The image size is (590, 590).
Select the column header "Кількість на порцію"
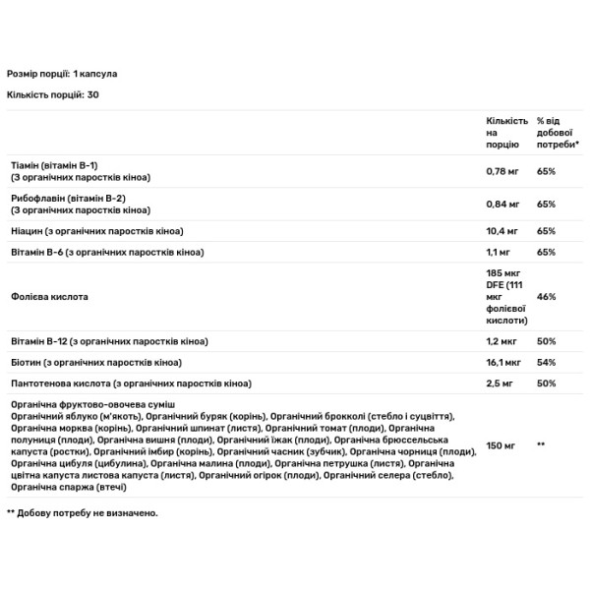point(506,131)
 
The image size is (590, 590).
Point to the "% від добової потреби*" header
point(558,131)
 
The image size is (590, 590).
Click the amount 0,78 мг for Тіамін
point(503,171)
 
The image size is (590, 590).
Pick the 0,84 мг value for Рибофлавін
point(503,205)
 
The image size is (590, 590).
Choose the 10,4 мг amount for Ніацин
point(503,231)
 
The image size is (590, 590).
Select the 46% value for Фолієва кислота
point(547,296)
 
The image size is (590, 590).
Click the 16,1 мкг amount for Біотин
point(504,361)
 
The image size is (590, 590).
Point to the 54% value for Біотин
point(547,361)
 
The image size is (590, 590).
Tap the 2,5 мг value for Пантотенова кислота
point(501,383)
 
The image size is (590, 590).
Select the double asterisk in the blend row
point(541,445)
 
